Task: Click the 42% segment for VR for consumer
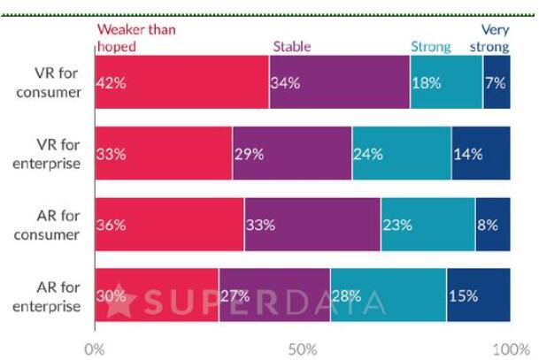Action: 181,82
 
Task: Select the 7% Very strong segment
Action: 497,82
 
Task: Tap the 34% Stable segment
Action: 339,82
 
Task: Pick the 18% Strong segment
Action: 446,82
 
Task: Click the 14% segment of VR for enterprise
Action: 481,153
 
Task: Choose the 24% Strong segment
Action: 401,153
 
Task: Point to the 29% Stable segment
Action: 291,153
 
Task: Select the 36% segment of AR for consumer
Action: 169,224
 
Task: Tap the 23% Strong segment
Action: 427,224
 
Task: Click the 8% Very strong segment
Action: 493,224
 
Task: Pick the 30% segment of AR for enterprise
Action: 157,295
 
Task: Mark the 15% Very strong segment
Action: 478,295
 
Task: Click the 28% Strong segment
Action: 388,295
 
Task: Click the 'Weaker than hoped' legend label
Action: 135,37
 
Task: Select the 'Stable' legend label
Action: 291,46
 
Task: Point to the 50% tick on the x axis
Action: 303,348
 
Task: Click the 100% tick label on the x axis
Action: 510,348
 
